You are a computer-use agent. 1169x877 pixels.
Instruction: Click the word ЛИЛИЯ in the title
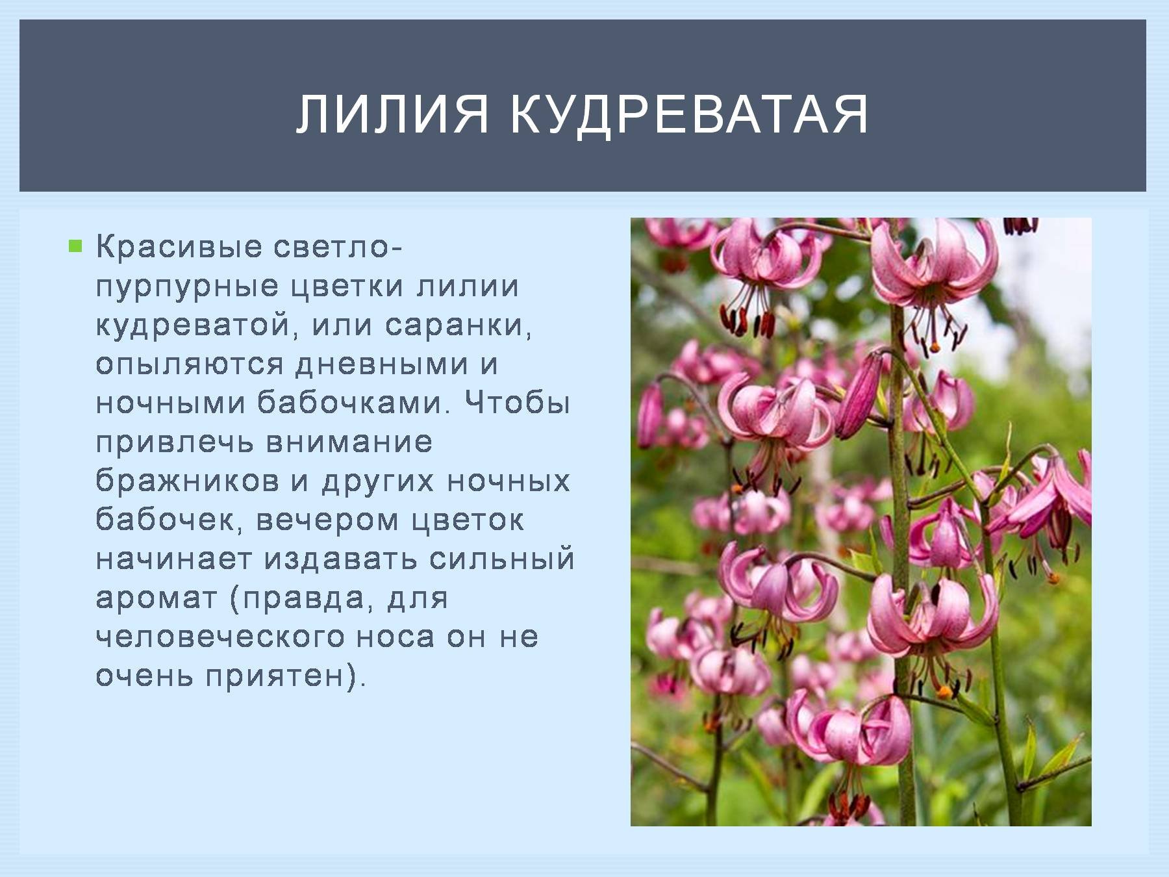[x=392, y=114]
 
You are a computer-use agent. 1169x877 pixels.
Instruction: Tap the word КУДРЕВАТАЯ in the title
[x=689, y=114]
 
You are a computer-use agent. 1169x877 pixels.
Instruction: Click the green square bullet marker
[x=76, y=246]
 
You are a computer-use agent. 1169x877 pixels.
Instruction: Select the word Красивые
[x=179, y=247]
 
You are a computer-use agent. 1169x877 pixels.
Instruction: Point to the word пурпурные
[x=187, y=287]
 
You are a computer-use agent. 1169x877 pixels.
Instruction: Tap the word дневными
[x=382, y=364]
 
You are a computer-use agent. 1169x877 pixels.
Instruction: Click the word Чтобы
[x=517, y=403]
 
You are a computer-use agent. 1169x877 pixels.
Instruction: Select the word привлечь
[x=175, y=443]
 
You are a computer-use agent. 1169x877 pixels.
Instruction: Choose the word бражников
[x=188, y=481]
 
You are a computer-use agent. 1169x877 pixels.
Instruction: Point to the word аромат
[x=156, y=598]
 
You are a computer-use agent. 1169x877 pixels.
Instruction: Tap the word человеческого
[x=220, y=637]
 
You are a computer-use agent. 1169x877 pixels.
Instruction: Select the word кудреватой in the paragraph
[x=192, y=325]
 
